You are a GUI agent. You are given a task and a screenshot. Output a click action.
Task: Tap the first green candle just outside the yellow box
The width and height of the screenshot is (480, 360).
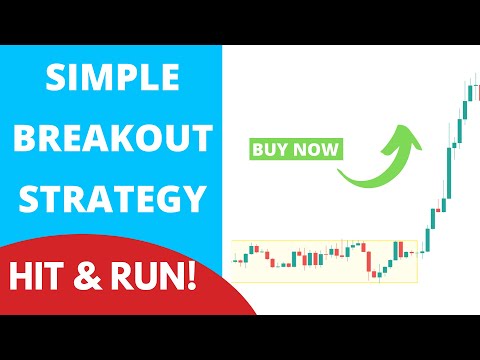[x=428, y=240]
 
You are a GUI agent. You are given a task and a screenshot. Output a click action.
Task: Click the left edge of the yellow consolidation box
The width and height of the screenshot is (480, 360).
[x=232, y=261]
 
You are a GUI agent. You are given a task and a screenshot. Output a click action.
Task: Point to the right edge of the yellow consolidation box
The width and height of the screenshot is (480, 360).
[x=419, y=261]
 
